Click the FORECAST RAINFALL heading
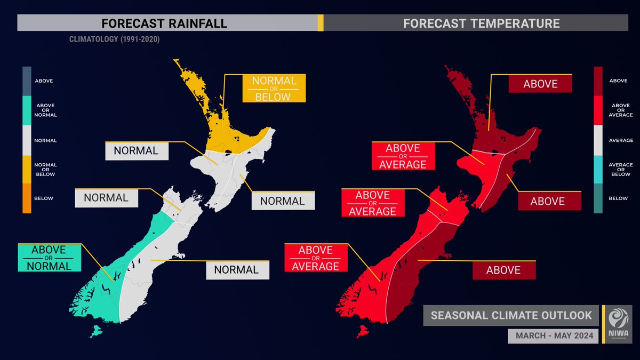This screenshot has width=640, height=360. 164,23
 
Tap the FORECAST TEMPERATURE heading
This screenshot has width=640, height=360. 481,23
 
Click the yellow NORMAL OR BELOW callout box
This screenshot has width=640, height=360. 274,89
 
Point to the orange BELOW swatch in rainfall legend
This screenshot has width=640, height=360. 27,198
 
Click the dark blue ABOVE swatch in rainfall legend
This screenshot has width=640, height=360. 27,81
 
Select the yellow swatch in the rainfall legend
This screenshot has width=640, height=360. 27,169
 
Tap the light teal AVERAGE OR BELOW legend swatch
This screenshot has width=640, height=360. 598,169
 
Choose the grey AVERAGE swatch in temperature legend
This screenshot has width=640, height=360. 598,140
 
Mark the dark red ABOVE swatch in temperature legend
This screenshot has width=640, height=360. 598,81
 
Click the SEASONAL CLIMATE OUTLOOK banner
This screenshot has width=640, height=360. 511,315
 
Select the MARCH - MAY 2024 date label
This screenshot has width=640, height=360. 553,336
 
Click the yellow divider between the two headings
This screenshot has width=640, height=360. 320,23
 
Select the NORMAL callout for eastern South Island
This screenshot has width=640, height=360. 237,270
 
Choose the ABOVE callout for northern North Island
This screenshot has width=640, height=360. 540,84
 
